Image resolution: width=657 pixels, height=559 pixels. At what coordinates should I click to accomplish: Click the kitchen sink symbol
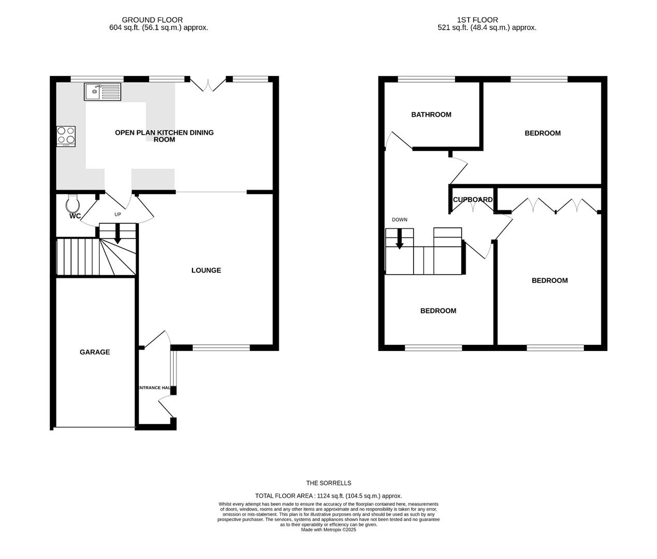[x=103, y=92]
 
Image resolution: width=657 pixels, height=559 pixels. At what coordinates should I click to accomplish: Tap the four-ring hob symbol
[x=66, y=136]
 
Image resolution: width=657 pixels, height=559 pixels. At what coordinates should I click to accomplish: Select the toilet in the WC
[x=72, y=203]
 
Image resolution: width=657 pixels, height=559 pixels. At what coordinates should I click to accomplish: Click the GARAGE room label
[x=95, y=352]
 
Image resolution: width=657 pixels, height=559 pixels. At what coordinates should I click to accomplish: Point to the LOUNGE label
[x=206, y=270]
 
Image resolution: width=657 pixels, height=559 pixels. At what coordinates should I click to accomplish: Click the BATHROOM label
[x=431, y=114]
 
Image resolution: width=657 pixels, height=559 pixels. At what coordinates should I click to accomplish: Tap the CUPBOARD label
[x=472, y=199]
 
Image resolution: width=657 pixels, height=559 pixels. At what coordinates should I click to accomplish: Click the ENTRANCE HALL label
[x=154, y=388]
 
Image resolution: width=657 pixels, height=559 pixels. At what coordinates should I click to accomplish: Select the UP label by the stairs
[x=118, y=214]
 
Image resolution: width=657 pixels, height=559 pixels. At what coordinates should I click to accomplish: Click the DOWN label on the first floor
[x=399, y=219]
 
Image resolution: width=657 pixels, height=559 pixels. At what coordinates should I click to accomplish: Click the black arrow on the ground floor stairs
[x=118, y=233]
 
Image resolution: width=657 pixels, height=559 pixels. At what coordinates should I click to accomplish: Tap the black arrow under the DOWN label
[x=399, y=239]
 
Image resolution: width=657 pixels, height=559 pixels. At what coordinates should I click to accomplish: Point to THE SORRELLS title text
[x=328, y=483]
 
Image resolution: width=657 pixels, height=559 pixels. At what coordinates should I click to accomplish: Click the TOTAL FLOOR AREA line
[x=328, y=495]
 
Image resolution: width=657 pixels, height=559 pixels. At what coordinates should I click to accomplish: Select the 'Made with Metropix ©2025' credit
[x=328, y=529]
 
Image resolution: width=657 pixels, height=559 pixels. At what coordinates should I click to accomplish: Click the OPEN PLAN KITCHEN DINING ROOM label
[x=164, y=136]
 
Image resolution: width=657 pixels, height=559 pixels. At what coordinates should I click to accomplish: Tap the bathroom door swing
[x=398, y=140]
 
